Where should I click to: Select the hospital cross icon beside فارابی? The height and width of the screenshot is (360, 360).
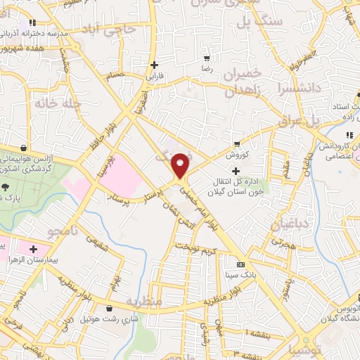pos(153,65)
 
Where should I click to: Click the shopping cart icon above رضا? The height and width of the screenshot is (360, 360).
pos(206,58)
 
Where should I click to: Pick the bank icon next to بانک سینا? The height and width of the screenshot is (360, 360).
pos(240,264)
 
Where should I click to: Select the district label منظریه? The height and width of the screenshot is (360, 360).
pos(144,301)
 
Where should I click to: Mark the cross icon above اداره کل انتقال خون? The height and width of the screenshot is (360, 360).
pos(236,170)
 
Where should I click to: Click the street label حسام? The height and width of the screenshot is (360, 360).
pos(115,75)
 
